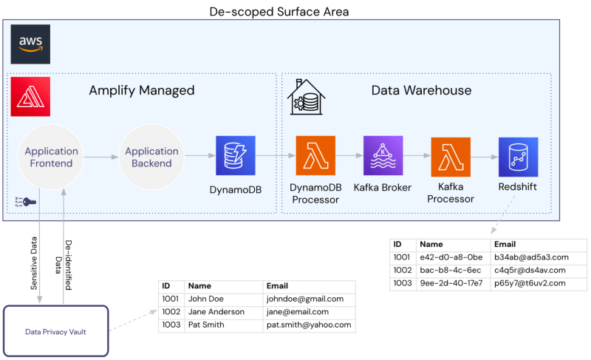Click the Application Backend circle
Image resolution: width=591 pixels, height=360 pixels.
[151, 157]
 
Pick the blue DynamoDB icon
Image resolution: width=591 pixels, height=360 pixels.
[235, 156]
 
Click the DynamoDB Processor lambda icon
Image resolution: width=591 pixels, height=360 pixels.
[315, 156]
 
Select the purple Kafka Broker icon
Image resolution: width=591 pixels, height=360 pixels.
[383, 156]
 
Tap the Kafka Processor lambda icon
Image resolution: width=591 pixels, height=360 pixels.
[451, 156]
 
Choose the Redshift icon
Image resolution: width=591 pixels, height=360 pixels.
[518, 156]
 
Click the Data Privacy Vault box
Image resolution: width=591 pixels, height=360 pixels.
[57, 331]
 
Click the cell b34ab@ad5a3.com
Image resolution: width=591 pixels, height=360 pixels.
[531, 257]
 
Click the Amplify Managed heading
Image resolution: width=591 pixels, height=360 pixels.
[142, 91]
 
